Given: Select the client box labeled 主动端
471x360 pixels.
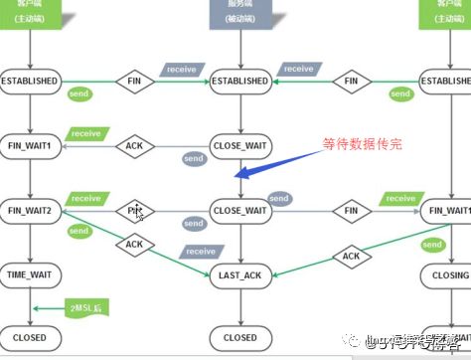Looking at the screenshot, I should pos(30,12).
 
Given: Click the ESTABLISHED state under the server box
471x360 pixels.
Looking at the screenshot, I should pos(239,81).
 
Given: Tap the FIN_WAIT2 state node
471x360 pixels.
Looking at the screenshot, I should pos(30,211).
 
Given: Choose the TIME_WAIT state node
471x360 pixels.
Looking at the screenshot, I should pos(30,273).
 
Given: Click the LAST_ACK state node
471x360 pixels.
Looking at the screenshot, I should pos(239,273).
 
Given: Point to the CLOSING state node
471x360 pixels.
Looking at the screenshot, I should pos(445,273).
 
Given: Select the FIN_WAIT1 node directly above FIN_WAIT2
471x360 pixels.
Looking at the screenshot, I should pos(30,146).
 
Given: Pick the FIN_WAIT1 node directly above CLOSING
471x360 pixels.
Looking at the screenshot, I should pos(445,211).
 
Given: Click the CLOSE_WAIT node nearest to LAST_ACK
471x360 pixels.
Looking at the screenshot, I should pos(239,211).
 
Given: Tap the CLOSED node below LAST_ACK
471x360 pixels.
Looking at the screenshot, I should pos(239,337).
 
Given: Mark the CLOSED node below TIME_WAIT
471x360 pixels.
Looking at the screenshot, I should pos(30,337).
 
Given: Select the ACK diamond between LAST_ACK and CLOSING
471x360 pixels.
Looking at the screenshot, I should pos(351,256).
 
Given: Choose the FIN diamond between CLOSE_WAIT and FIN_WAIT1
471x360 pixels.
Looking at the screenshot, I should pos(351,211).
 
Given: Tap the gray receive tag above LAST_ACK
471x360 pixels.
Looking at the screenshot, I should pos(200,252).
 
